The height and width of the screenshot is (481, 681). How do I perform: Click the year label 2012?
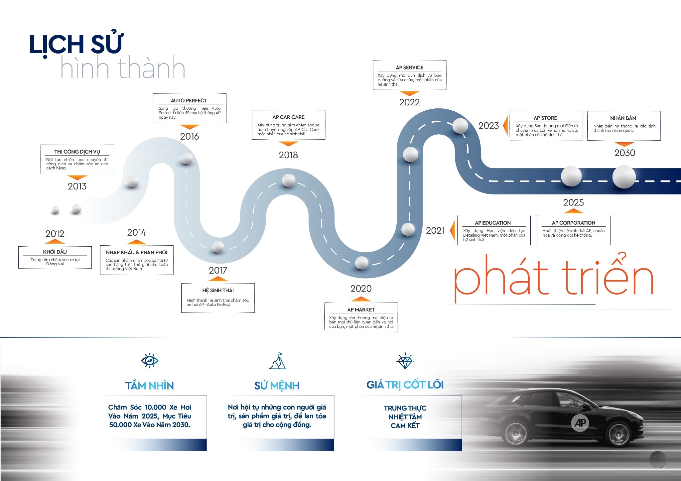click(x=55, y=234)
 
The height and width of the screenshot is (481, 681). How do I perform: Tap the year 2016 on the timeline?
click(x=190, y=136)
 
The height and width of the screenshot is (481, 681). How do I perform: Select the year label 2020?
click(x=361, y=289)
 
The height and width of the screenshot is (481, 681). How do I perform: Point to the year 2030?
click(x=624, y=153)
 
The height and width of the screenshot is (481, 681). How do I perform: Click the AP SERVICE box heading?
click(x=409, y=67)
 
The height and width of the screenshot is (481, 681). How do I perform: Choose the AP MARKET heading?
click(x=361, y=310)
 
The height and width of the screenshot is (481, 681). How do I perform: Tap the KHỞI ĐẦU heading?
click(x=55, y=252)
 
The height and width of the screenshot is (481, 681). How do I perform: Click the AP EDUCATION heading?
click(x=492, y=223)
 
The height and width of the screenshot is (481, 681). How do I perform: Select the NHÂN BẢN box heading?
click(x=623, y=118)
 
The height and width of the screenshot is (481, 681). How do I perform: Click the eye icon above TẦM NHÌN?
click(x=150, y=361)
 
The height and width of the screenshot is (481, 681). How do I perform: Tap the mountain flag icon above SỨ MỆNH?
click(x=277, y=361)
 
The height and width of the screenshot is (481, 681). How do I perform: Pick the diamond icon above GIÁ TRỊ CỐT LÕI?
click(x=405, y=361)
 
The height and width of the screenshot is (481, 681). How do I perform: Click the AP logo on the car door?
click(x=580, y=423)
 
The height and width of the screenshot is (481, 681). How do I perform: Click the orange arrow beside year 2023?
click(x=505, y=126)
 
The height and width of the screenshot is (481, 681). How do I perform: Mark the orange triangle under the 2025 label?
click(x=573, y=211)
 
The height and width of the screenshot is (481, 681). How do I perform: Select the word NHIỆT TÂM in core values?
click(x=405, y=417)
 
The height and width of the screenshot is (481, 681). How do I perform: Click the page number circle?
click(x=657, y=460)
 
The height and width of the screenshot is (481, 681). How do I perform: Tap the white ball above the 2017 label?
click(x=218, y=247)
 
